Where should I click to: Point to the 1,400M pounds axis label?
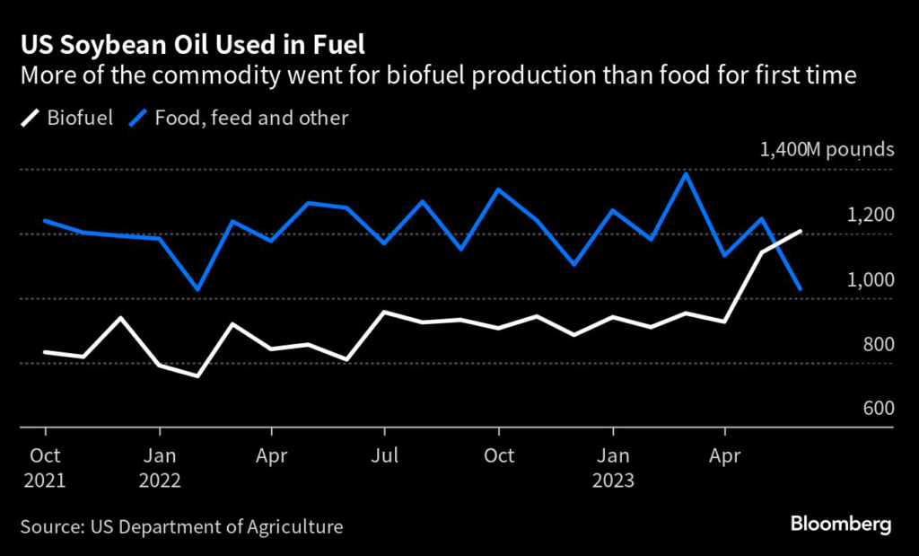tap(827, 149)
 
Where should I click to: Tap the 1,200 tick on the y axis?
tap(870, 215)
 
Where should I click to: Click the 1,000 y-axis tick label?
tap(870, 279)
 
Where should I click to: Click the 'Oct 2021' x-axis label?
tap(46, 467)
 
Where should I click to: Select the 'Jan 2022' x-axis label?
tap(161, 467)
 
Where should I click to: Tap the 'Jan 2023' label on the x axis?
tap(613, 467)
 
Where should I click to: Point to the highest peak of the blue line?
tap(687, 173)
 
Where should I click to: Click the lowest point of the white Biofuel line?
tap(197, 375)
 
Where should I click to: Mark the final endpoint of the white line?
tap(800, 231)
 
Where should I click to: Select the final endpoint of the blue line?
tap(800, 288)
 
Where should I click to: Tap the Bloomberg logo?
tap(840, 524)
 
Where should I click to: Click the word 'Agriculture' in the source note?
tap(296, 526)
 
